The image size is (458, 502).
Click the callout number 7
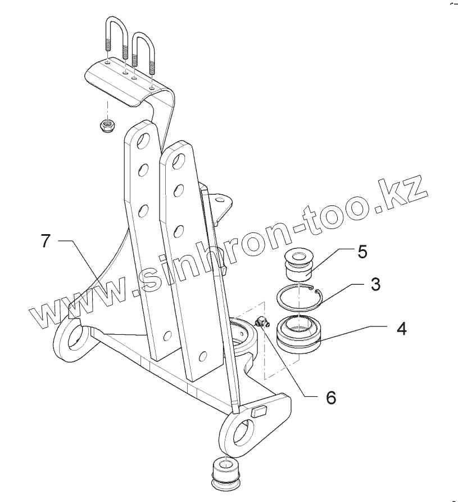(x=47, y=241)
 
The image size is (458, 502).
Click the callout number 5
(x=362, y=252)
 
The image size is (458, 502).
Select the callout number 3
(x=375, y=284)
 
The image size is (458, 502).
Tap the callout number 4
(x=401, y=328)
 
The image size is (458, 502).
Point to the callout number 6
(x=330, y=397)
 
